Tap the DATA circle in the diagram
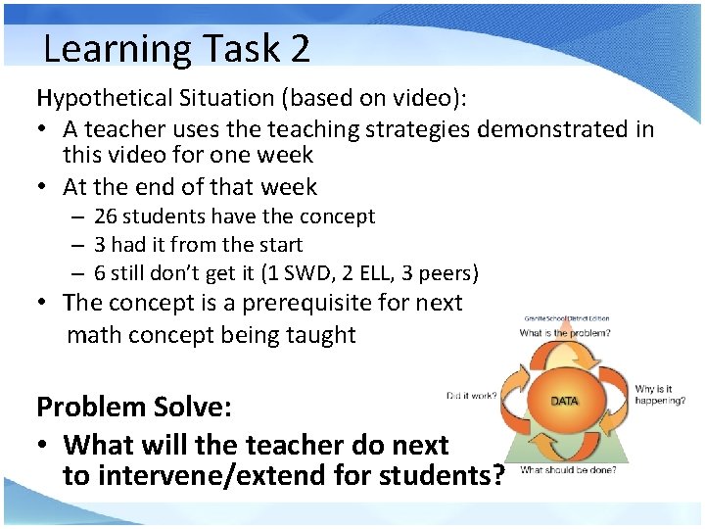(565, 402)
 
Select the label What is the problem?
(566, 333)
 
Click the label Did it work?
(472, 396)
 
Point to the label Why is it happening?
(659, 395)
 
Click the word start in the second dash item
(278, 244)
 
